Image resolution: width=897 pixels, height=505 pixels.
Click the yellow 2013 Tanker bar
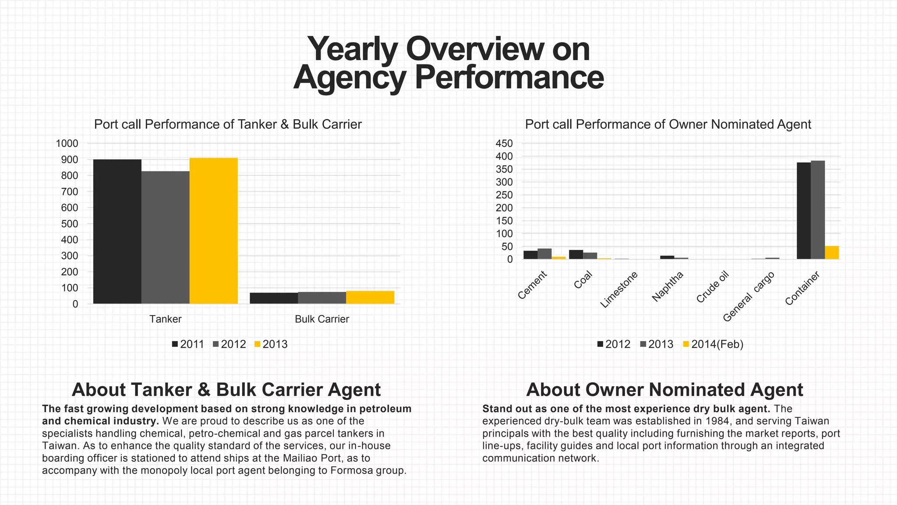[x=213, y=231]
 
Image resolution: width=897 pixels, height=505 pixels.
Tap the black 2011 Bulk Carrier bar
[x=274, y=298]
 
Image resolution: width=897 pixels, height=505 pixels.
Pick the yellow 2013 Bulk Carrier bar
[x=370, y=297]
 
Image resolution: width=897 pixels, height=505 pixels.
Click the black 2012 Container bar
[x=803, y=211]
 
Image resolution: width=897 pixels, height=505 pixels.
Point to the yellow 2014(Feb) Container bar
[x=832, y=252]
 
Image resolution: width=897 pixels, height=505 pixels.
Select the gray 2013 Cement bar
[x=544, y=254]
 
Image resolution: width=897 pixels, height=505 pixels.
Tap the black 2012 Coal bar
[x=576, y=254]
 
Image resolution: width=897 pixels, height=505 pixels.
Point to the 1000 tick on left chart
[x=67, y=143]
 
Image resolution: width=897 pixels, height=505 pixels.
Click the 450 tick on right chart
[x=504, y=143]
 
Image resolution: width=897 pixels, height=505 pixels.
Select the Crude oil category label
[x=713, y=287]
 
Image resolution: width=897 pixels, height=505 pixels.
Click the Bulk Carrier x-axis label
[x=321, y=319]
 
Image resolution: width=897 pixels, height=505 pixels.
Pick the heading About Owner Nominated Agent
[x=664, y=390]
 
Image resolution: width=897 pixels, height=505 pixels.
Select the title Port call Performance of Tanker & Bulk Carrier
[x=228, y=124]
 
